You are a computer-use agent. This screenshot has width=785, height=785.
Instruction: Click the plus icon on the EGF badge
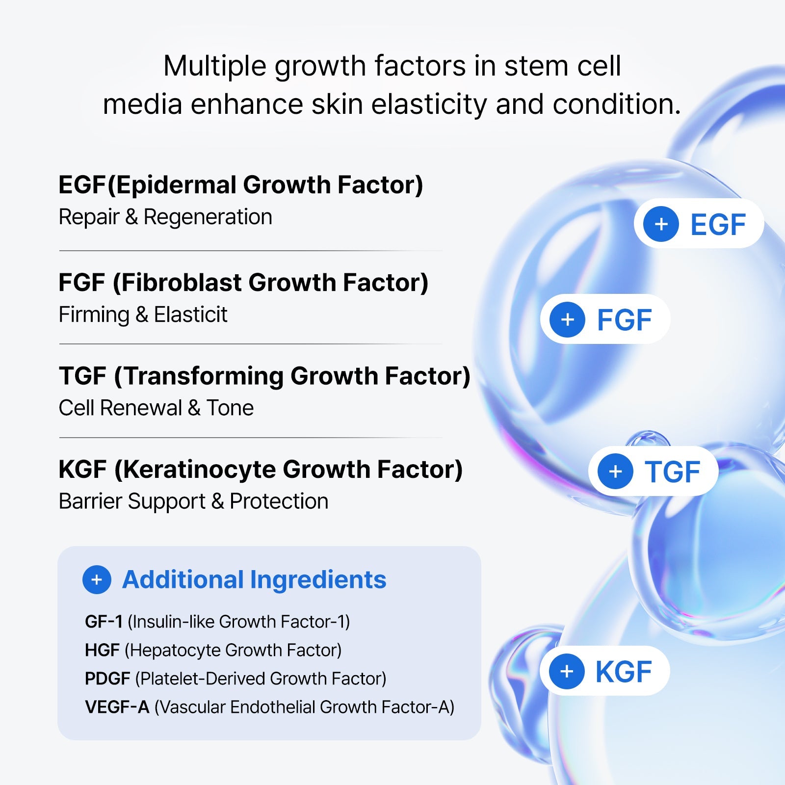(x=661, y=224)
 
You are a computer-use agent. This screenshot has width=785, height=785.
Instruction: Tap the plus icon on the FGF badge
(x=567, y=319)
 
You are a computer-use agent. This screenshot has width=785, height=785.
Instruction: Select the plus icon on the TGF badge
(x=615, y=471)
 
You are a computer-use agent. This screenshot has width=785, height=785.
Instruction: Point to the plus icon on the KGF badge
(x=567, y=671)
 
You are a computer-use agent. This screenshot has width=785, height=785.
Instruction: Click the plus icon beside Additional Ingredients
(x=97, y=579)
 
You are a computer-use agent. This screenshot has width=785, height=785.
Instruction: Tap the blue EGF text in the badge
(x=718, y=225)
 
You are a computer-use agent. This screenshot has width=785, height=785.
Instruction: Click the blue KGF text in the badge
(x=623, y=672)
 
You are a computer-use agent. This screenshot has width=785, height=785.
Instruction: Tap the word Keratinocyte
(x=199, y=470)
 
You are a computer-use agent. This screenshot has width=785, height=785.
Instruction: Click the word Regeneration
(x=208, y=217)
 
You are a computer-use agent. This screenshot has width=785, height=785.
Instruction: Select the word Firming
(x=94, y=315)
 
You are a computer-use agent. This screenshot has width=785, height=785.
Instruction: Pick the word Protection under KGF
(x=279, y=501)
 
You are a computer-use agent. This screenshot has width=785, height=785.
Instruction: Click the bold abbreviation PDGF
(x=107, y=679)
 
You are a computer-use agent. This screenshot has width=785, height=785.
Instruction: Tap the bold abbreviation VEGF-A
(x=117, y=707)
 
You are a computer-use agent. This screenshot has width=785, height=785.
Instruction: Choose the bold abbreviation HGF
(x=102, y=650)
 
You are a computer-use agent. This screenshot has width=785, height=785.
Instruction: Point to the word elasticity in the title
(x=428, y=105)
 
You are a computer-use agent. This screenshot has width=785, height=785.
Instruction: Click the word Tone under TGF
(x=230, y=408)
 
